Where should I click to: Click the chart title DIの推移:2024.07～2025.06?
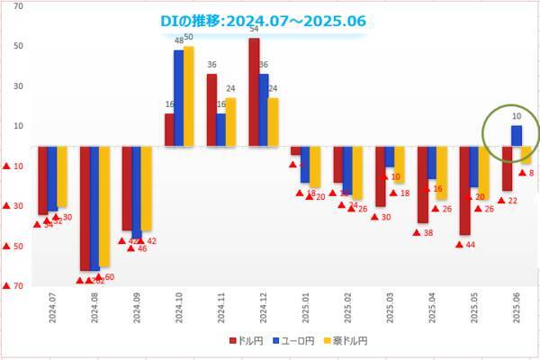coord(262,20)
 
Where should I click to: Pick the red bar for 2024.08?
coord(85,208)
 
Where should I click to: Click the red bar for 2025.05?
coord(464,190)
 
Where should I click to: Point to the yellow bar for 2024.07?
coord(62,176)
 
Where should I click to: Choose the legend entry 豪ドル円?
coord(346,341)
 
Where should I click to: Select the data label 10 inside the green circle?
coord(517,116)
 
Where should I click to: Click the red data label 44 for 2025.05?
coord(470,245)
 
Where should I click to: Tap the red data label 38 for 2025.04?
coord(428,233)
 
